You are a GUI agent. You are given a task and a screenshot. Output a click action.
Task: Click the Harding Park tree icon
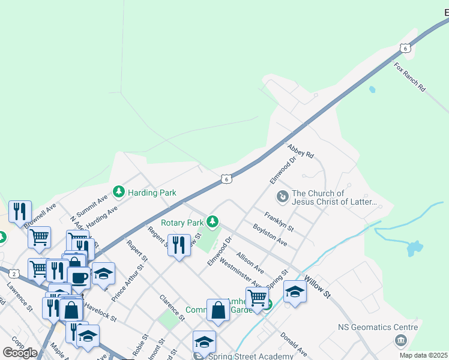click(119, 192)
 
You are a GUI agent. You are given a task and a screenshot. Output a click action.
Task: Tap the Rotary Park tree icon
click(212, 222)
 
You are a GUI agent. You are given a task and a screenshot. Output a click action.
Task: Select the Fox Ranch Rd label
click(410, 76)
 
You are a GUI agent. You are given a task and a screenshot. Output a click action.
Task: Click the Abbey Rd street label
click(301, 150)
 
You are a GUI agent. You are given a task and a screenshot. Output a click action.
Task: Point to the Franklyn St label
click(279, 221)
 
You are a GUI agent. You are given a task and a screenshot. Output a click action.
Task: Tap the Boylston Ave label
click(270, 235)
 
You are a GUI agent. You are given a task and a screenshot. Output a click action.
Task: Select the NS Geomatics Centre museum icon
click(400, 341)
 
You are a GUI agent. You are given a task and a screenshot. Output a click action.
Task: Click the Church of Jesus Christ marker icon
click(282, 196)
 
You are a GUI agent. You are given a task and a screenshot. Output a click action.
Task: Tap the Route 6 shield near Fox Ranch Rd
click(406, 48)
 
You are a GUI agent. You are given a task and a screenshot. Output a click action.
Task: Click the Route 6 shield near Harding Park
click(225, 178)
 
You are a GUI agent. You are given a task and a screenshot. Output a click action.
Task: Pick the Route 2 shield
click(13, 274)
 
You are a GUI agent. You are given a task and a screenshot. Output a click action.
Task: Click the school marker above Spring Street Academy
click(204, 342)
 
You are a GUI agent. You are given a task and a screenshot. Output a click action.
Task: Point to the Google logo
click(20, 353)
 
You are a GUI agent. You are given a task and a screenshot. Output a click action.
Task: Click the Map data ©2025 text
click(423, 355)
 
